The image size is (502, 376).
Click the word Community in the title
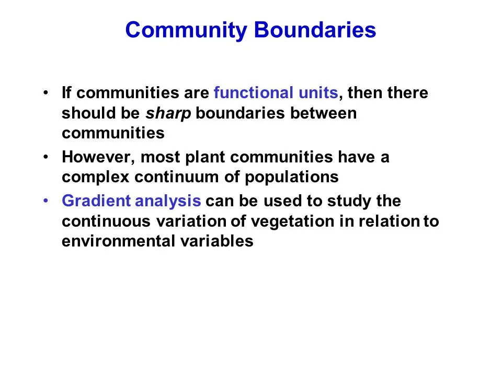[186, 30]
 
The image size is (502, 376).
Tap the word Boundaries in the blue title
[315, 30]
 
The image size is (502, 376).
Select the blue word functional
[253, 92]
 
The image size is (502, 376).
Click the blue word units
[318, 93]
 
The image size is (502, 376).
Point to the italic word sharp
[168, 114]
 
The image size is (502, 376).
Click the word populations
[292, 178]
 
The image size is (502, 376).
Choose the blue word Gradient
[96, 201]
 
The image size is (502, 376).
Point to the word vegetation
[293, 222]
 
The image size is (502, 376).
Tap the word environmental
[118, 241]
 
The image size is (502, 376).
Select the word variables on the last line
[216, 241]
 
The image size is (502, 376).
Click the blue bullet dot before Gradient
[46, 201]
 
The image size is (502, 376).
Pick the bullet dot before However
[46, 157]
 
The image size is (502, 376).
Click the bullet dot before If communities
[46, 93]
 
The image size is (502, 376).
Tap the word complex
[95, 178]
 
